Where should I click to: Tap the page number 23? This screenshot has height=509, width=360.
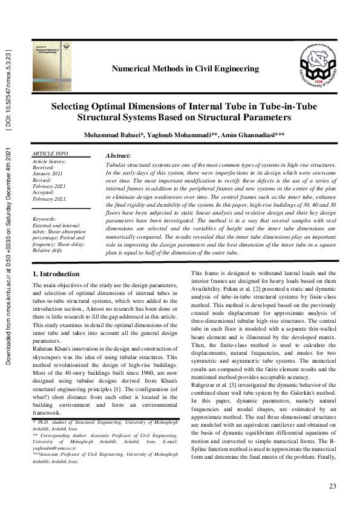coord(332,487)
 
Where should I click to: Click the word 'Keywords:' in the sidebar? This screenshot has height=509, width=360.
coord(45,219)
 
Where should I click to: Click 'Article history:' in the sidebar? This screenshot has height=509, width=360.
coord(50,161)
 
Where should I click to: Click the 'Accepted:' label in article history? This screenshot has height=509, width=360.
coord(45,192)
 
